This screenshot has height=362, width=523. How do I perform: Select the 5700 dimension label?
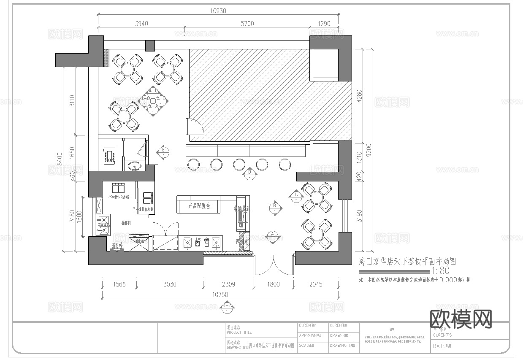(x=247, y=24)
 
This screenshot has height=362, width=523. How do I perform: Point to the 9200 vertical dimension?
(x=369, y=149)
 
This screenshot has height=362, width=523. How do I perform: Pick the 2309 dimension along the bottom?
(x=228, y=284)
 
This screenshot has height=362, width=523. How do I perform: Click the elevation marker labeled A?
(x=272, y=236)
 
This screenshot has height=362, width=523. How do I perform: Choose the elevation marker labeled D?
(x=250, y=174)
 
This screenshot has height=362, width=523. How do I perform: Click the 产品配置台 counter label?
(x=199, y=206)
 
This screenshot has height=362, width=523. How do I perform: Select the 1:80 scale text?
(x=440, y=271)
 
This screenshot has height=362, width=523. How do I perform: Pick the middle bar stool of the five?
(x=239, y=165)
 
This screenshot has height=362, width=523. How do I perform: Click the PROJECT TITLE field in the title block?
(x=239, y=332)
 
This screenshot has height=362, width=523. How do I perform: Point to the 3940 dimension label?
(x=141, y=24)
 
